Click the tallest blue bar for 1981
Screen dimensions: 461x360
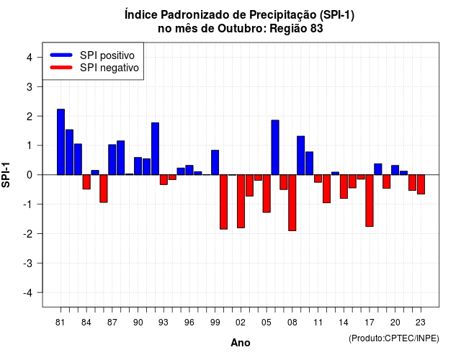point(61,142)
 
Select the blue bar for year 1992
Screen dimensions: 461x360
point(156,149)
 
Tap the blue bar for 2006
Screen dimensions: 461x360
point(275,148)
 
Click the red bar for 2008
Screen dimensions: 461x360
point(292,203)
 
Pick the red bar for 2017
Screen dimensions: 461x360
point(370,201)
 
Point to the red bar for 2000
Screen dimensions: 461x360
point(224,202)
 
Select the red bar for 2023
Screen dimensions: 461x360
point(421,184)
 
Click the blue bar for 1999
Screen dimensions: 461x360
point(215,163)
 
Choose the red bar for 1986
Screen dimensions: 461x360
point(104,189)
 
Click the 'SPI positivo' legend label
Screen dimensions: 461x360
point(107,55)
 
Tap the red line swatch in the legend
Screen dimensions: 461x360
point(61,68)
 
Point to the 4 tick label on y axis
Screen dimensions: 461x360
point(30,58)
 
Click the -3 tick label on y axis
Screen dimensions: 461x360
point(28,264)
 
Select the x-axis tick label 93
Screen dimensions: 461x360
point(164,323)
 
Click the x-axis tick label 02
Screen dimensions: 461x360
point(241,323)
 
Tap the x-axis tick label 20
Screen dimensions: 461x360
point(395,323)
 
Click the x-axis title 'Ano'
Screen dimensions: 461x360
point(241,343)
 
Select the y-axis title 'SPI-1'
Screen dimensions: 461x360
point(6,175)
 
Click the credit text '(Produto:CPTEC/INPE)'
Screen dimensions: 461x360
point(394,338)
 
